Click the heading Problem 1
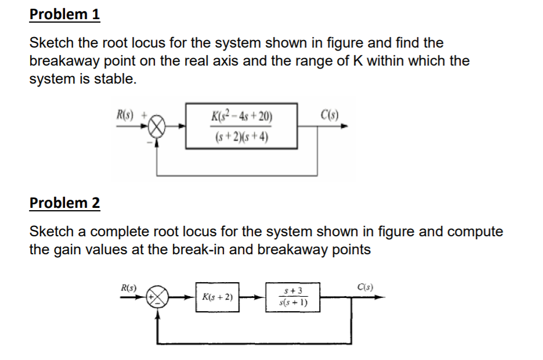(64, 15)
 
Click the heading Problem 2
(64, 203)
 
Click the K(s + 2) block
(218, 297)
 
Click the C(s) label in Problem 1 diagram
(328, 112)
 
